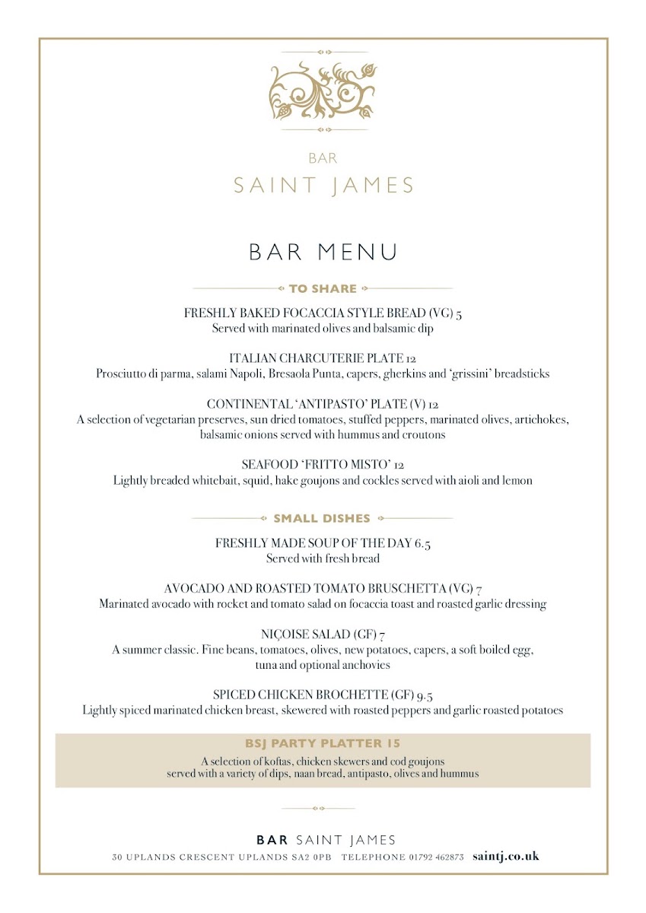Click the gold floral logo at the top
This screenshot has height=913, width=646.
[323, 91]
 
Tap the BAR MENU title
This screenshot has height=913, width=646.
[323, 252]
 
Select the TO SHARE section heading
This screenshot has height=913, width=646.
[323, 289]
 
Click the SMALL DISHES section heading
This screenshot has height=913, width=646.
[322, 519]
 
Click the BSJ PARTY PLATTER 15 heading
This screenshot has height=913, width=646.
[323, 743]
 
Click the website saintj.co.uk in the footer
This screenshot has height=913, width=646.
[505, 856]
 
